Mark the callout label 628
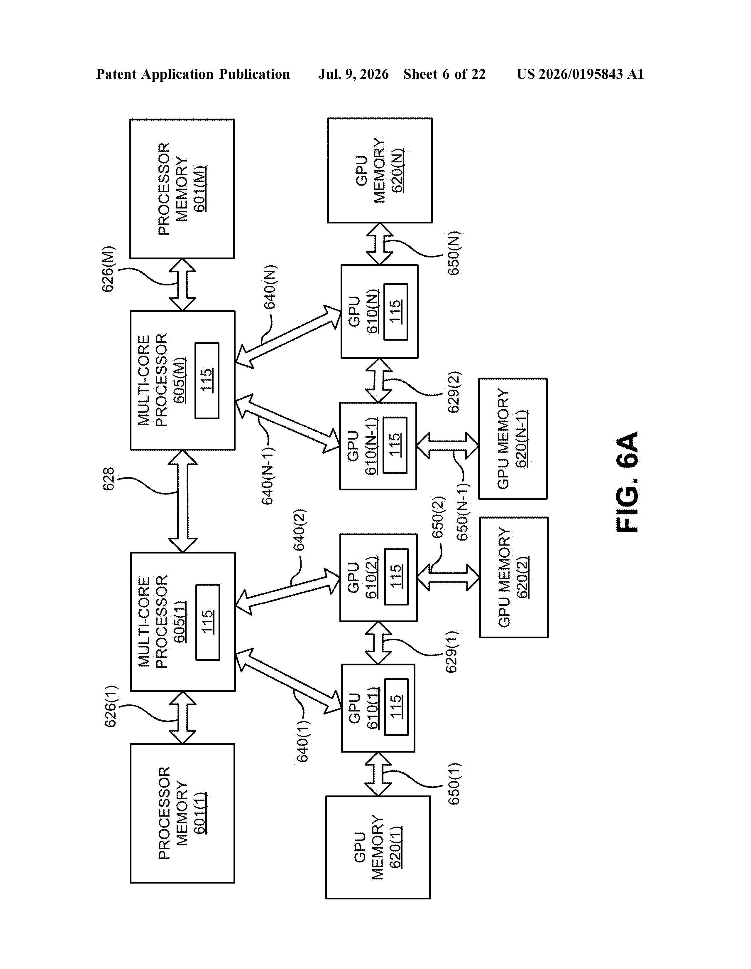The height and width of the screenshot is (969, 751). tap(109, 479)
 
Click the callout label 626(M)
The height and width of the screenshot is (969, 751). tap(109, 269)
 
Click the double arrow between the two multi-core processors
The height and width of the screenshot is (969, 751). tap(183, 501)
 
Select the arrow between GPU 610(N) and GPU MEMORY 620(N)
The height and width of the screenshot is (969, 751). tap(380, 244)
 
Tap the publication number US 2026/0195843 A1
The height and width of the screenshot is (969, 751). tap(580, 74)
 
